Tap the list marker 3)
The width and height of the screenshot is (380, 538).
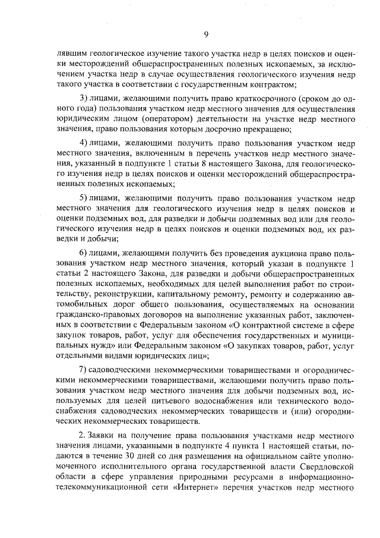point(84,98)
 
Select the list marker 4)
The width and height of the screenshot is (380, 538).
point(84,143)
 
